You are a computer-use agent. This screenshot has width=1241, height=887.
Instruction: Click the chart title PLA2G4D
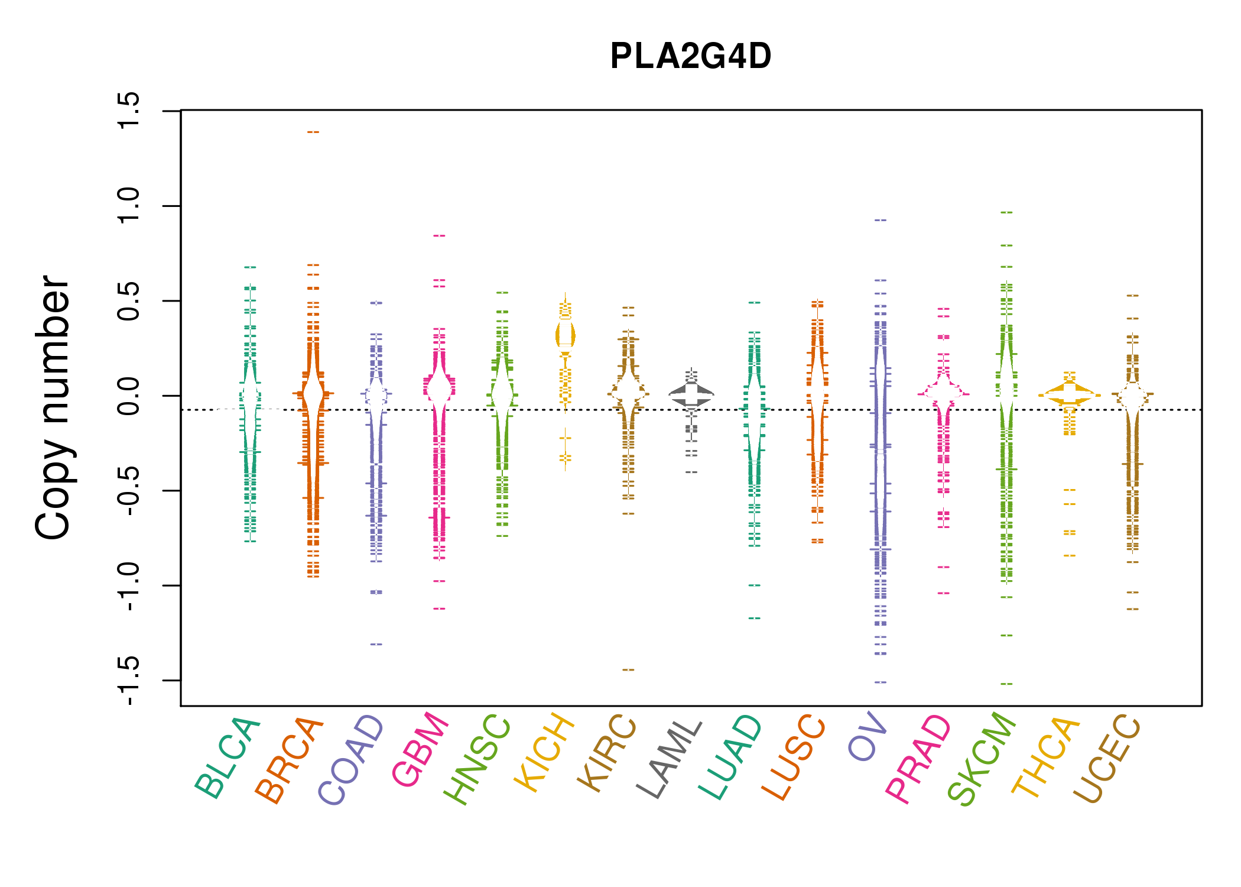tap(690, 57)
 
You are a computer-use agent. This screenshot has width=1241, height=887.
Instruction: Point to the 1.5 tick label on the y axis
tap(128, 111)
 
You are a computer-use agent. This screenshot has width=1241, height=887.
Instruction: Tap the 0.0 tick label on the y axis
tap(128, 396)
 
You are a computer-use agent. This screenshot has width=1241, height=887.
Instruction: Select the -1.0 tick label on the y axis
tap(128, 586)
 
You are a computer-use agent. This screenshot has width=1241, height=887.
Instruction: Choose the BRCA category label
tap(289, 760)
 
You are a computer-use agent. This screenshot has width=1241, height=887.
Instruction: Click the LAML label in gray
tap(669, 759)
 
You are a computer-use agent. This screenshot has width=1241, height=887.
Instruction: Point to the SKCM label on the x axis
tap(981, 759)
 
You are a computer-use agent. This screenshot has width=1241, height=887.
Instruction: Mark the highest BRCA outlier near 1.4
tap(313, 132)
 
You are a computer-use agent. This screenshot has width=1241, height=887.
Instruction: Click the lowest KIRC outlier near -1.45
tap(628, 670)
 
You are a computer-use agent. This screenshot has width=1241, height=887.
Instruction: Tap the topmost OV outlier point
tap(881, 220)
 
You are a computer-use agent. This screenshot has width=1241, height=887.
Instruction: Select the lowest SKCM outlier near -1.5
tap(1006, 684)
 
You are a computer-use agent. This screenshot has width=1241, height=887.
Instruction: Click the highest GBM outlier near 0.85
tap(439, 236)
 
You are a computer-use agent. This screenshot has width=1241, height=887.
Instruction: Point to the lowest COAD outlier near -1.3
tap(376, 645)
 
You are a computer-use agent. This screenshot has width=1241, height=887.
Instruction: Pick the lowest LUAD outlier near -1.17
tap(755, 619)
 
